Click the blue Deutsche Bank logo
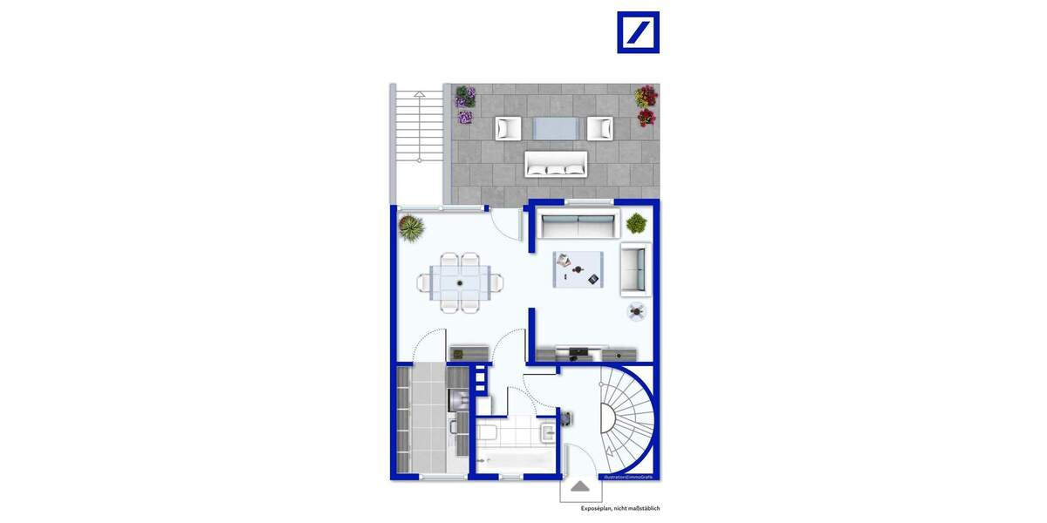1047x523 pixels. [638, 32]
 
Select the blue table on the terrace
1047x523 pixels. [556, 128]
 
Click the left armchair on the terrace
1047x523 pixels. [509, 128]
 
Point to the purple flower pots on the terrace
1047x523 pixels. [465, 105]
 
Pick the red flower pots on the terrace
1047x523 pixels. [646, 105]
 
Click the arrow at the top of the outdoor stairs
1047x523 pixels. [420, 92]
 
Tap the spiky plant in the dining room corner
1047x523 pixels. [410, 228]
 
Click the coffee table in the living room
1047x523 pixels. [577, 268]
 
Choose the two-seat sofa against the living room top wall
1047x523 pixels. [577, 226]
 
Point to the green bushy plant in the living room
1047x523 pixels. [637, 223]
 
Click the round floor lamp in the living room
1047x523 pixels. [637, 309]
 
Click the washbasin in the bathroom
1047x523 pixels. [547, 431]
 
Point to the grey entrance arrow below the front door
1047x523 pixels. [580, 486]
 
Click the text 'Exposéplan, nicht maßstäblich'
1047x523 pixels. [626, 508]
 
